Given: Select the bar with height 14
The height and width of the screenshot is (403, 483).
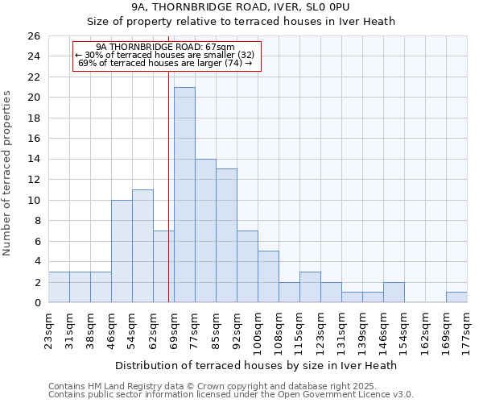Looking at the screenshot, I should click(x=205, y=231).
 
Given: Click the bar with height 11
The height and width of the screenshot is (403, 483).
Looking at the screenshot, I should click(x=142, y=246).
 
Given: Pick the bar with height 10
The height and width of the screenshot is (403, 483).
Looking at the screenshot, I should click(x=122, y=251).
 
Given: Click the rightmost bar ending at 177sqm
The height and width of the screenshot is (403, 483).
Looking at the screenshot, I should click(x=456, y=297).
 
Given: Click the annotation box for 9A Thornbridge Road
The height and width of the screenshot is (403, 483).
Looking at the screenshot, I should click(x=167, y=56).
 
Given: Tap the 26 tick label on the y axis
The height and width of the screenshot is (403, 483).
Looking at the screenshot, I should click(x=33, y=36).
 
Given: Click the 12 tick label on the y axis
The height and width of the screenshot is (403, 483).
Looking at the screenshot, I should click(x=33, y=180).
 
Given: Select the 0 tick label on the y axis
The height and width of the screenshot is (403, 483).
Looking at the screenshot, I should click(x=36, y=303).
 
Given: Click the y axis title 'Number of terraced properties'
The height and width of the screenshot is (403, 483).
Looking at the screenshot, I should click(x=7, y=173).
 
